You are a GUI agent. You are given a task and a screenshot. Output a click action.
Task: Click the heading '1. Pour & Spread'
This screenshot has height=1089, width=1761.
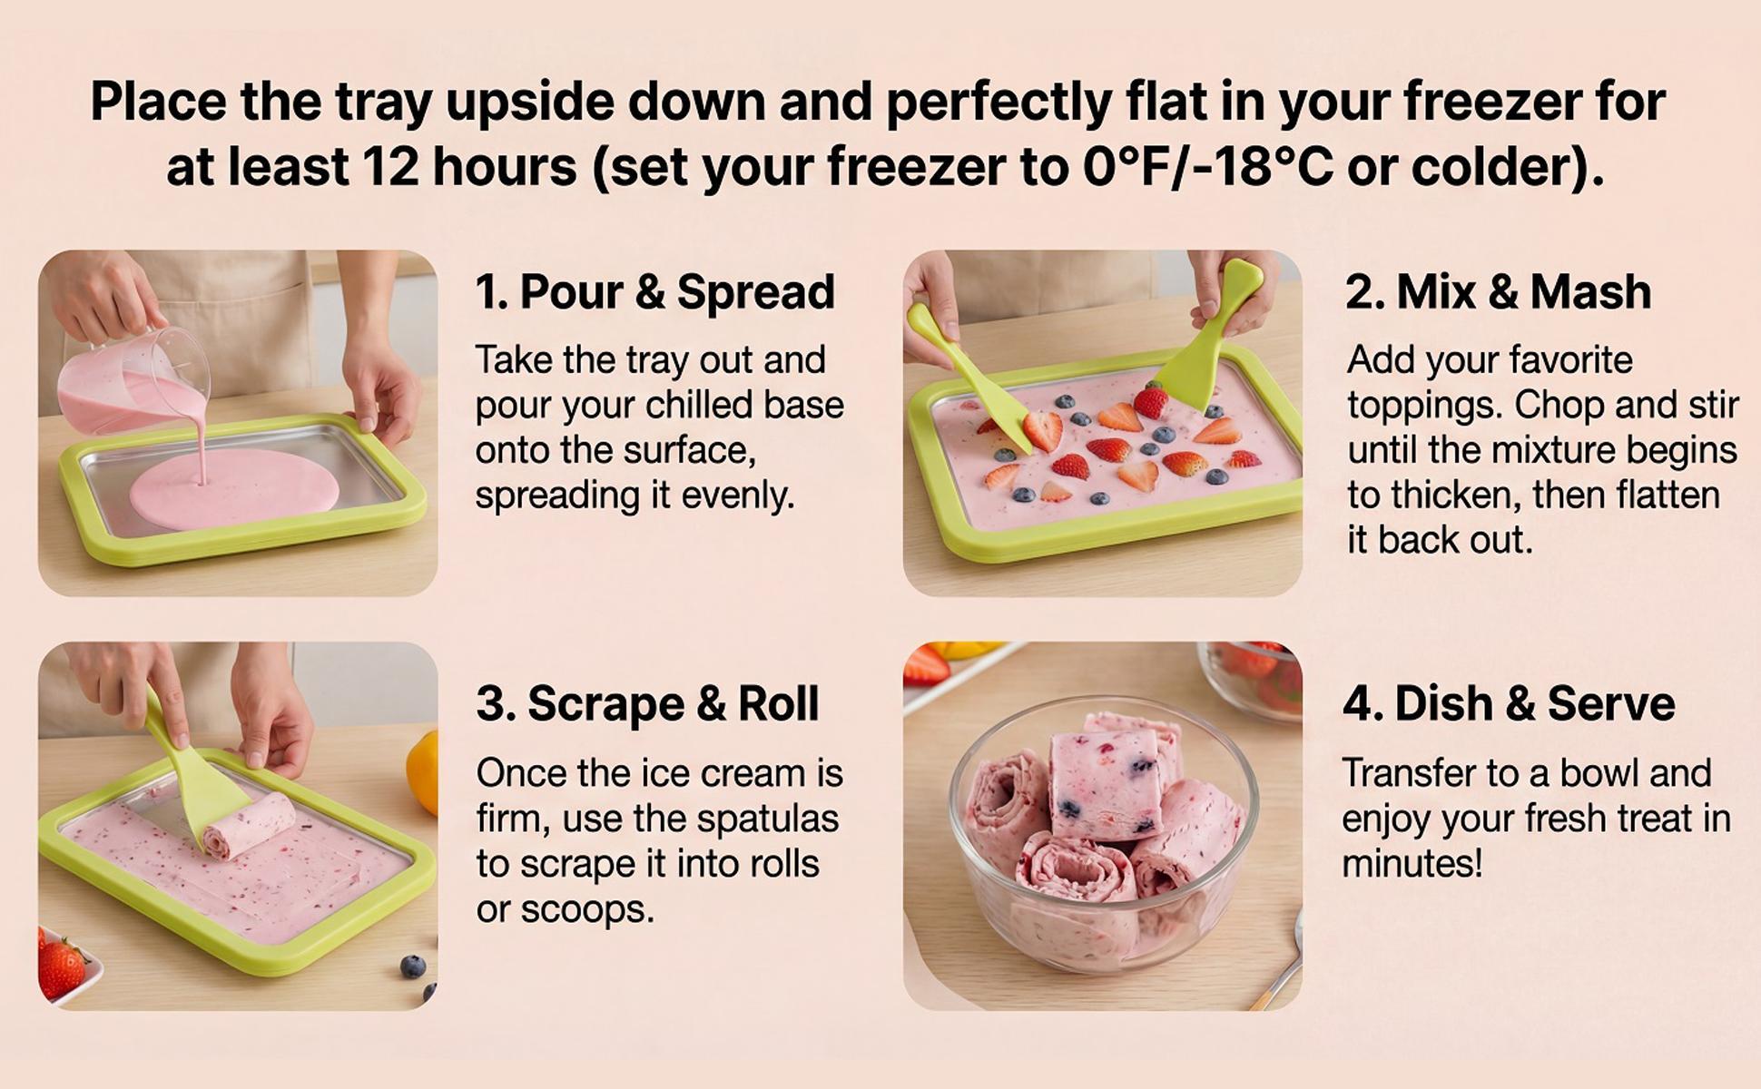click(654, 292)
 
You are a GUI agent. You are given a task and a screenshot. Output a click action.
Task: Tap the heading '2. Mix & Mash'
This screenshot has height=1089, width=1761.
click(1498, 292)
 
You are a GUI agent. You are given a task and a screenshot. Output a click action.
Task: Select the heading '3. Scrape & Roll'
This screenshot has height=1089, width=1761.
click(647, 704)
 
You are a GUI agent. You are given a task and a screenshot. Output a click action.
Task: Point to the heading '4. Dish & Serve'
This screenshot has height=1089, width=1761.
click(1508, 704)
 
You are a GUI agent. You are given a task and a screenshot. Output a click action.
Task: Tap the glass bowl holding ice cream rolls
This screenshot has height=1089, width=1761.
click(1103, 871)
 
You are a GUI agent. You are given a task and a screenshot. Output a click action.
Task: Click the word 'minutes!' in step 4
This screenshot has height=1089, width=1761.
click(1412, 863)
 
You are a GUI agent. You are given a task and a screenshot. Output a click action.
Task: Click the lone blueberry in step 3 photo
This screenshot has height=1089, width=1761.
click(413, 966)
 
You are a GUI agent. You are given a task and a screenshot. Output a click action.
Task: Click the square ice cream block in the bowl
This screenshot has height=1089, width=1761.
click(1103, 785)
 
